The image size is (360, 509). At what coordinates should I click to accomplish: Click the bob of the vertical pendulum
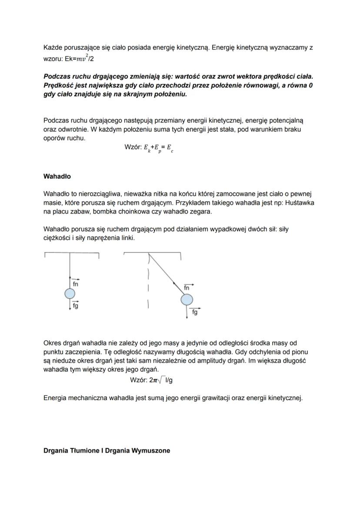(x=70, y=295)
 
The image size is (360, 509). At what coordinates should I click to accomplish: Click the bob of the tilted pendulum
(x=187, y=299)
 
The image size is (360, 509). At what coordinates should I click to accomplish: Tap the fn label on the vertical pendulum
(x=76, y=283)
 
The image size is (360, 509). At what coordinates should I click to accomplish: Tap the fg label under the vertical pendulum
(x=76, y=305)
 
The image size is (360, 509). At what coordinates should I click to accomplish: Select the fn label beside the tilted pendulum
(x=187, y=288)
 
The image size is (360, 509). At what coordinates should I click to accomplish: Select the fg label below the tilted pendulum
(x=195, y=312)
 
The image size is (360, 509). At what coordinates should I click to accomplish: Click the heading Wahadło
(x=57, y=177)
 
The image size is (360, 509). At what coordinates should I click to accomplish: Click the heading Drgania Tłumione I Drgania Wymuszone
(x=107, y=451)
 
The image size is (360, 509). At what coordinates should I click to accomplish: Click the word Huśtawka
(x=300, y=203)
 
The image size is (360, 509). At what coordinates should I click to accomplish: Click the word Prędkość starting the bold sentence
(x=59, y=86)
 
